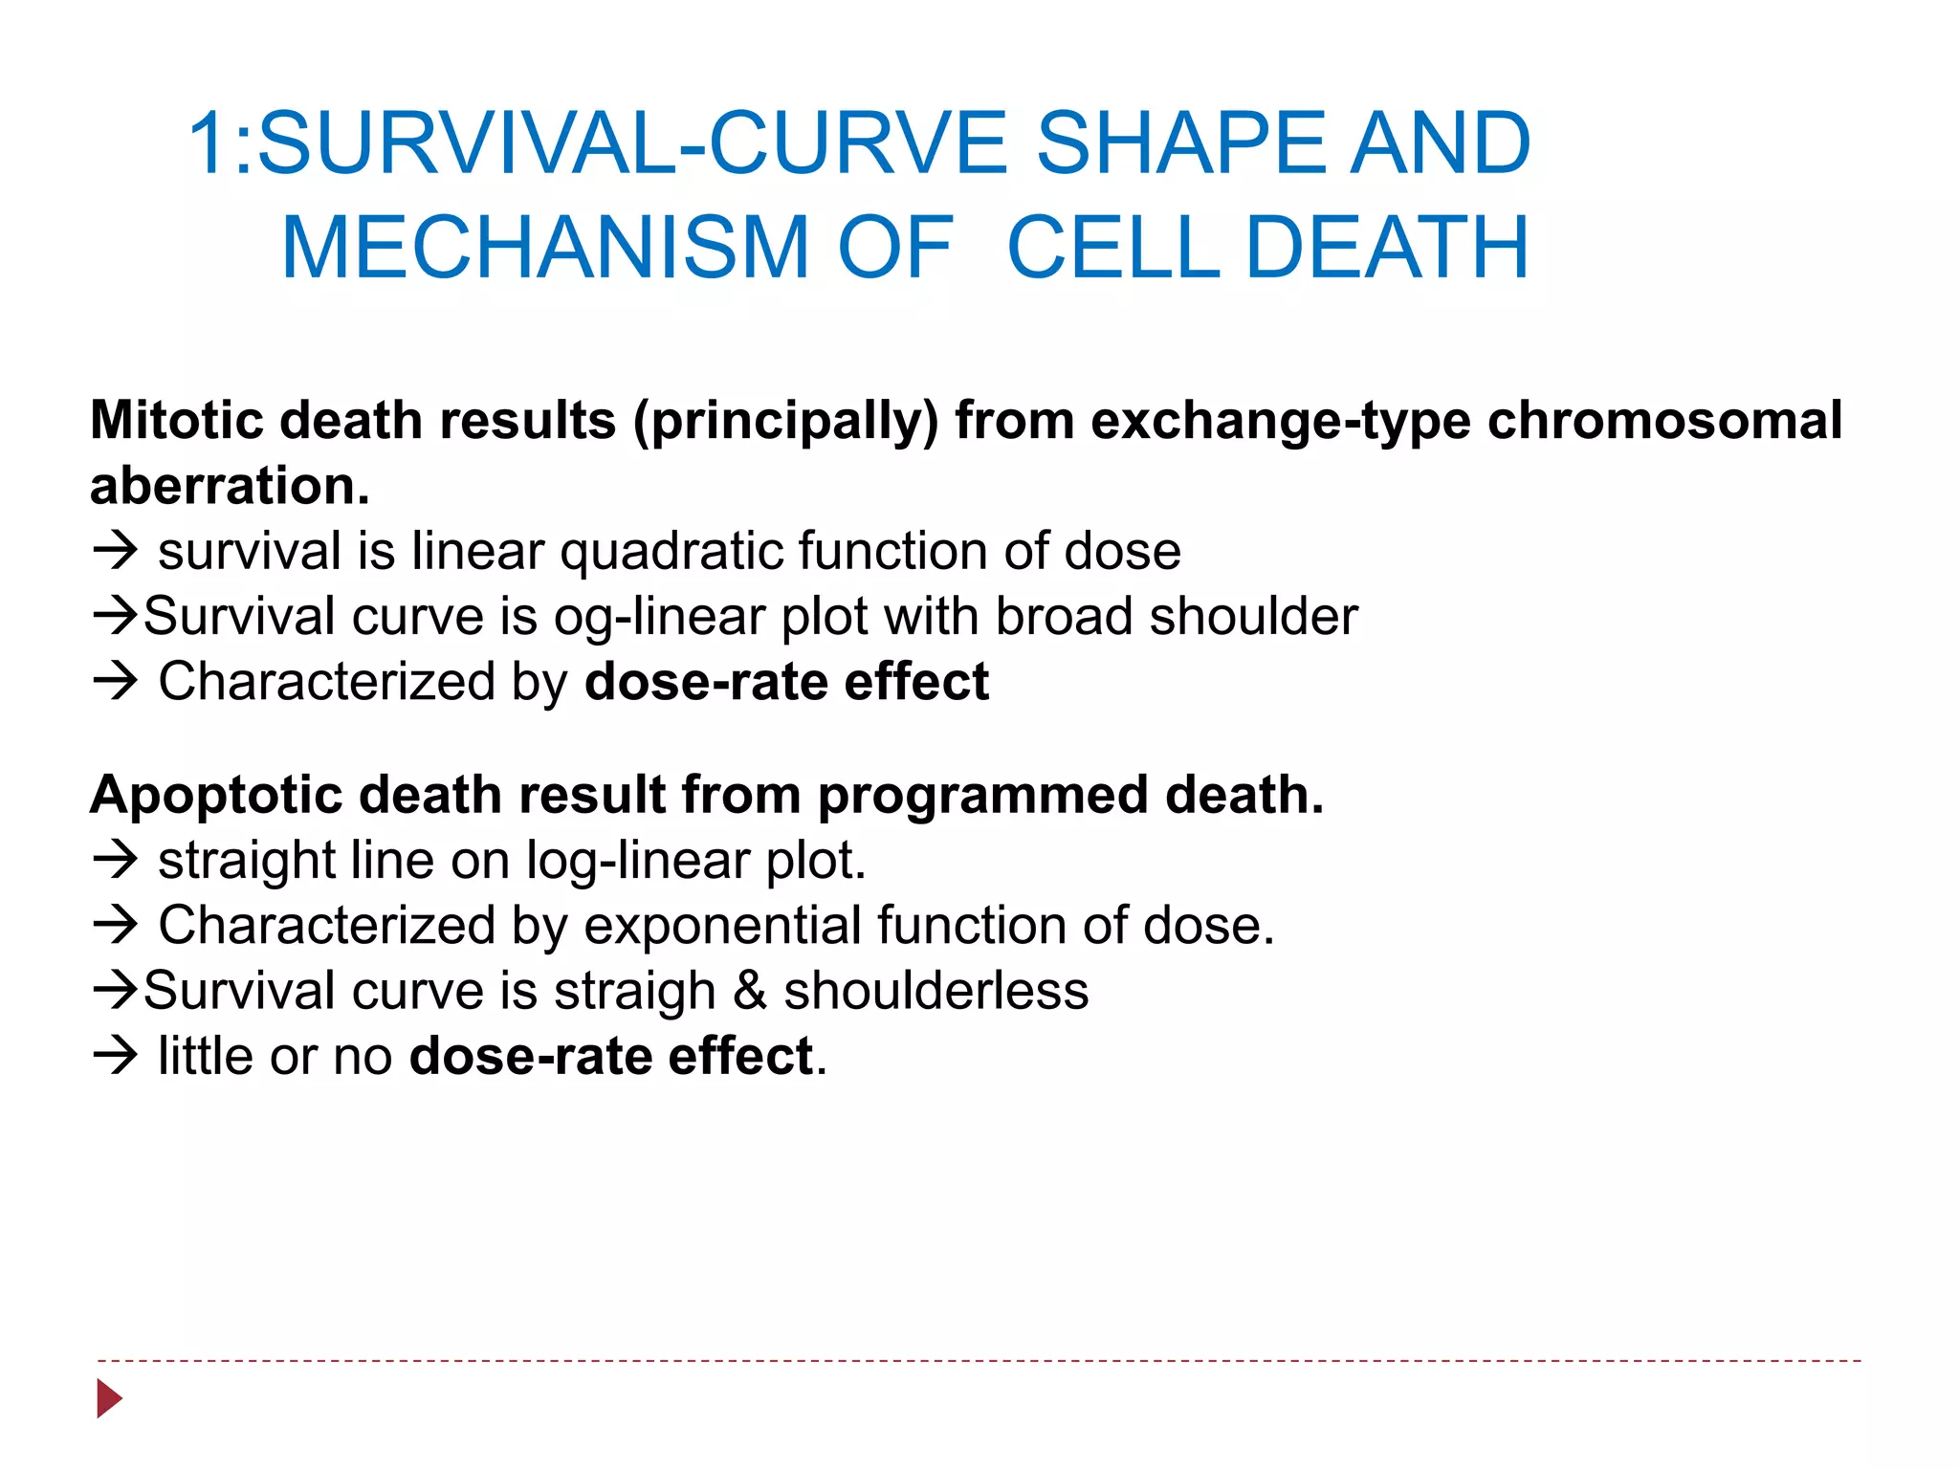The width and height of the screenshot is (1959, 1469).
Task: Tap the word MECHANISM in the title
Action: click(545, 248)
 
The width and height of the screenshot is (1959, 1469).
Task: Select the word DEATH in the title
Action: click(1387, 248)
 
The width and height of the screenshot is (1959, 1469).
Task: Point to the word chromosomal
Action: click(1664, 421)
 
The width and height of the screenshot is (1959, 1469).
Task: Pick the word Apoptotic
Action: click(215, 796)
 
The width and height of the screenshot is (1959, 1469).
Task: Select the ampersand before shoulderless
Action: click(750, 991)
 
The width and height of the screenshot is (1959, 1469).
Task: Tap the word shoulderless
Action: click(935, 991)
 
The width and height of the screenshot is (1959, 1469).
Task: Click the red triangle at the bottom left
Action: click(109, 1398)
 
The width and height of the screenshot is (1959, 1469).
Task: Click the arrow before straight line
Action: click(116, 860)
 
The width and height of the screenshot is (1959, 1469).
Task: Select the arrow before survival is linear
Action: click(116, 551)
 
